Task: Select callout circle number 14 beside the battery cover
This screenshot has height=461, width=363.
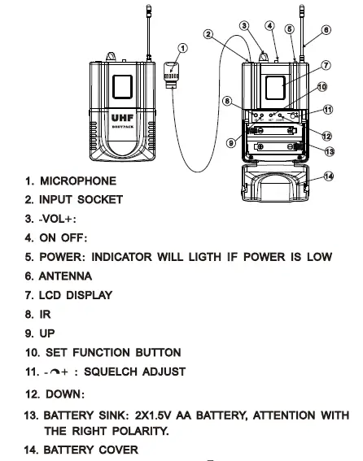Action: (x=329, y=176)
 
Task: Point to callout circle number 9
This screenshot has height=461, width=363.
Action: (x=231, y=143)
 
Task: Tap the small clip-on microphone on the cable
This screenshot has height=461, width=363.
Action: (x=172, y=72)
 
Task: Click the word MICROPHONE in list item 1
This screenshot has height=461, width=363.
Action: (x=78, y=180)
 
